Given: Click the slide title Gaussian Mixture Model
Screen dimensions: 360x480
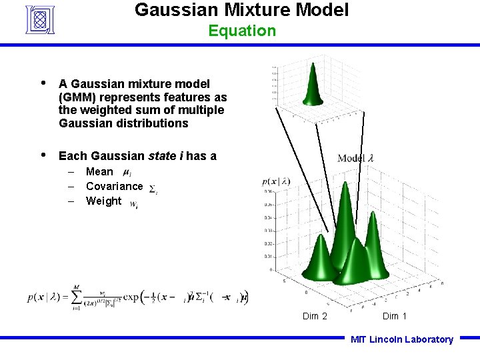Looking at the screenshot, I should point(241,10).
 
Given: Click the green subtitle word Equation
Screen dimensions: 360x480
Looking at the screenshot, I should point(241,31).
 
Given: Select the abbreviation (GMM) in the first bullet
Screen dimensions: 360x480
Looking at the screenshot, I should point(79,97).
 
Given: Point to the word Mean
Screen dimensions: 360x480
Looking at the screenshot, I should point(99,172).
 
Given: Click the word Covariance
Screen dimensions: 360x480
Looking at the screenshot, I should point(114,187).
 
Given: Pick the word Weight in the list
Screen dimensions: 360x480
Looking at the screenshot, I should point(103,201).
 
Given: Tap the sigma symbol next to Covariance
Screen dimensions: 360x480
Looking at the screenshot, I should point(153,189).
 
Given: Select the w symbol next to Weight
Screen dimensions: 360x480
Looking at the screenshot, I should point(134,204).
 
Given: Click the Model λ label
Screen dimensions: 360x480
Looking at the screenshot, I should point(356,158).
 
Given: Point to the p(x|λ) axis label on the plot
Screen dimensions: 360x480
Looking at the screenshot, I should point(276,181).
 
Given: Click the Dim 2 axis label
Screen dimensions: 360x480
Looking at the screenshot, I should point(315,316).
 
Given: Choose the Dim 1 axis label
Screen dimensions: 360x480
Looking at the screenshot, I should point(395,316).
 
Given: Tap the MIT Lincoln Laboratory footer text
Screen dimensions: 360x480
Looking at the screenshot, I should point(402,339).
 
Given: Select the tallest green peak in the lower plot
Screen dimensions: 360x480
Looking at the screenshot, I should point(345,213).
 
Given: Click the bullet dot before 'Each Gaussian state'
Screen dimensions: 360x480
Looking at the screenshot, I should point(43,155).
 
